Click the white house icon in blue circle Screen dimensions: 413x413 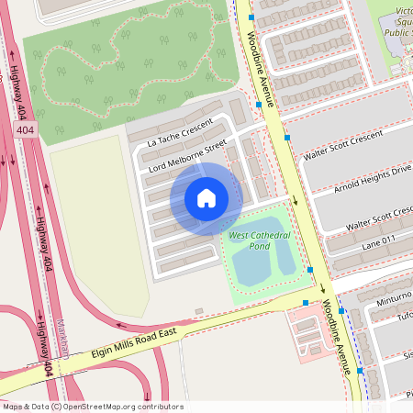click(x=206, y=198)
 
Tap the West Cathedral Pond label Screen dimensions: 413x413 click(x=260, y=241)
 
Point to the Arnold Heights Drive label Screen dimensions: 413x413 click(x=372, y=181)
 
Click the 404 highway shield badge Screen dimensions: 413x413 click(x=25, y=131)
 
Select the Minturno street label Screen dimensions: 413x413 click(x=392, y=300)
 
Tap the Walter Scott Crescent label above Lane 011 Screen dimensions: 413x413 click(x=378, y=218)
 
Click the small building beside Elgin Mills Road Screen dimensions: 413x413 click(x=199, y=311)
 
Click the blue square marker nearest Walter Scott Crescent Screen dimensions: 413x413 click(x=287, y=138)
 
